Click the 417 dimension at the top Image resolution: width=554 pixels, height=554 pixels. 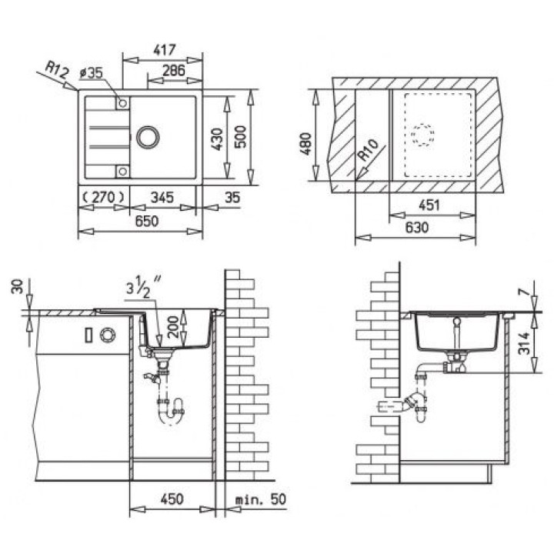[165, 50]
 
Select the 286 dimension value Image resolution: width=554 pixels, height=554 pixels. [173, 70]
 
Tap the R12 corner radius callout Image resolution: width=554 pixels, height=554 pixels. [56, 69]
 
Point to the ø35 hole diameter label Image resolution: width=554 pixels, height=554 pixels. [91, 73]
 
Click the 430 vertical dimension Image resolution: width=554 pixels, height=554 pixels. [217, 138]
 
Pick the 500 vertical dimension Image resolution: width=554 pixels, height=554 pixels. [241, 137]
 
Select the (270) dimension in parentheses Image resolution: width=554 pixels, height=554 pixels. [103, 197]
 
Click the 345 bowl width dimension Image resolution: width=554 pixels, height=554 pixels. [162, 198]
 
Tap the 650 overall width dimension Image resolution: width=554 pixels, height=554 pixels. [147, 221]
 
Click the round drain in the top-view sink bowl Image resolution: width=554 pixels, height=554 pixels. [148, 137]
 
